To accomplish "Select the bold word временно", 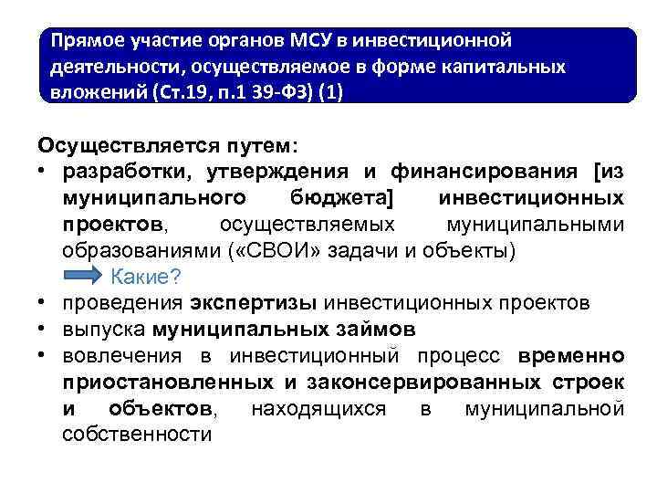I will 570,355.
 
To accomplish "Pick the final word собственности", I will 137,435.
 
